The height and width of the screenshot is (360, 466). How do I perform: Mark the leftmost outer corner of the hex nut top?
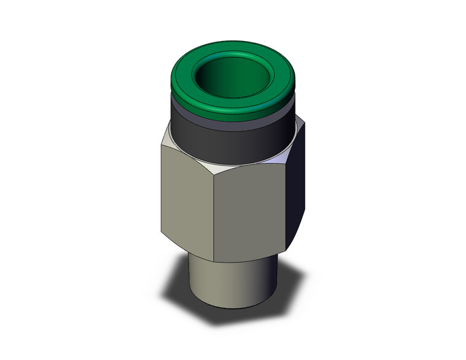pos(161,145)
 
